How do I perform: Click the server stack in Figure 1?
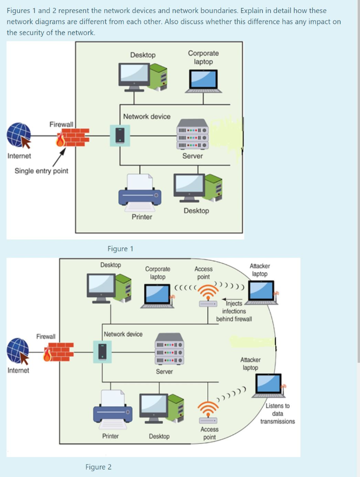(192, 134)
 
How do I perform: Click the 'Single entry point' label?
(41, 171)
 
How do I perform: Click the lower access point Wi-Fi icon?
(208, 411)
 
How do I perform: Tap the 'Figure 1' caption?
(120, 249)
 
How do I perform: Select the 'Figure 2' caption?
(98, 467)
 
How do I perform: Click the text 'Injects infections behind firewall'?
(234, 311)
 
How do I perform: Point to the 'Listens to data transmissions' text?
(278, 414)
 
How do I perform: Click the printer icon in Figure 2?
(112, 409)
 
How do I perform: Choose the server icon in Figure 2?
(169, 349)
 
